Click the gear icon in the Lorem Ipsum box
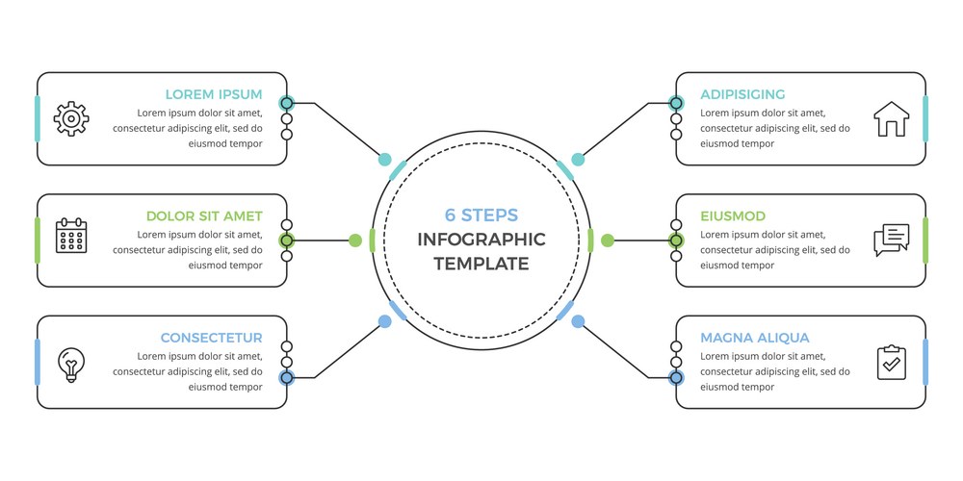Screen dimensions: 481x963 point(71,118)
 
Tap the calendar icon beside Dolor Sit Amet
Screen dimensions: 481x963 point(71,236)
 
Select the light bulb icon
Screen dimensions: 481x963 point(71,364)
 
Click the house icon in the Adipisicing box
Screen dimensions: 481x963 point(891,119)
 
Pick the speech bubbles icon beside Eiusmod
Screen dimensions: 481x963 point(891,240)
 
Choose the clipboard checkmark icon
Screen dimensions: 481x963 point(891,362)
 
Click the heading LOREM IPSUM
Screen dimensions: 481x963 point(214,94)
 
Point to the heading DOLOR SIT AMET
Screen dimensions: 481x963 point(204,216)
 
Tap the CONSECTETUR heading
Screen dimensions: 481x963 point(211,338)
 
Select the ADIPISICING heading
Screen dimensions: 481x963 point(742,94)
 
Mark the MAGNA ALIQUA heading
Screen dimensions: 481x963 point(755,338)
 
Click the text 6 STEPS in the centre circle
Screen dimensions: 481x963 point(481,215)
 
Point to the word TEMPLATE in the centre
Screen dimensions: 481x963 point(481,264)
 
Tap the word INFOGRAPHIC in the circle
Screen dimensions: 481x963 point(481,240)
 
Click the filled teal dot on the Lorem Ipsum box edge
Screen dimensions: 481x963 point(286,103)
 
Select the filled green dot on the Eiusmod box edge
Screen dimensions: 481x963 point(676,240)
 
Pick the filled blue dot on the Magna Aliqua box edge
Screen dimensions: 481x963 point(676,377)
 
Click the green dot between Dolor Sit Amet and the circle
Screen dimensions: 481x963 point(355,240)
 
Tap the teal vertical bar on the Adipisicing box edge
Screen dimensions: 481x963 point(924,118)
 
